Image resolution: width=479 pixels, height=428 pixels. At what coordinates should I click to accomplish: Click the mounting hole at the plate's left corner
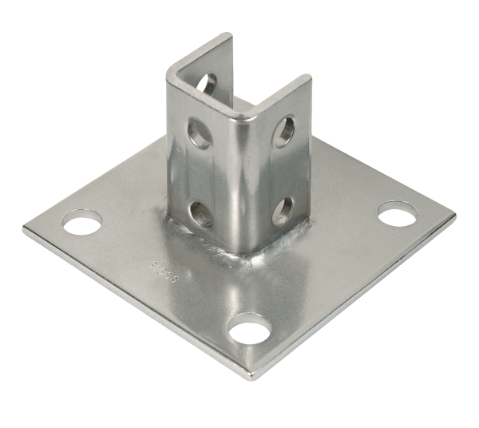pyautogui.click(x=83, y=221)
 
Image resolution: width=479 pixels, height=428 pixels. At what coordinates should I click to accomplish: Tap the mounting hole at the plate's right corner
pyautogui.click(x=397, y=213)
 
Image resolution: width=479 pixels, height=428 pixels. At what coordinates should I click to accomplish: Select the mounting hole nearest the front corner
pyautogui.click(x=249, y=327)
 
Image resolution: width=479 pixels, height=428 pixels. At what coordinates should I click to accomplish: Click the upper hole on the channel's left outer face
pyautogui.click(x=200, y=133)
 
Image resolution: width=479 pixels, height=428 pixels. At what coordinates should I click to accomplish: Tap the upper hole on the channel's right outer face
pyautogui.click(x=283, y=132)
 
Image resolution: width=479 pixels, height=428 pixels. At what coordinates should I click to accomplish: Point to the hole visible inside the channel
pyautogui.click(x=206, y=83)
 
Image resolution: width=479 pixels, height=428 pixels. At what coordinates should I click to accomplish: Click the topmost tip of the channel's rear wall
pyautogui.click(x=229, y=35)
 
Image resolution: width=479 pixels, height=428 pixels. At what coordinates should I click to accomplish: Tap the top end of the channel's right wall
pyautogui.click(x=307, y=78)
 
